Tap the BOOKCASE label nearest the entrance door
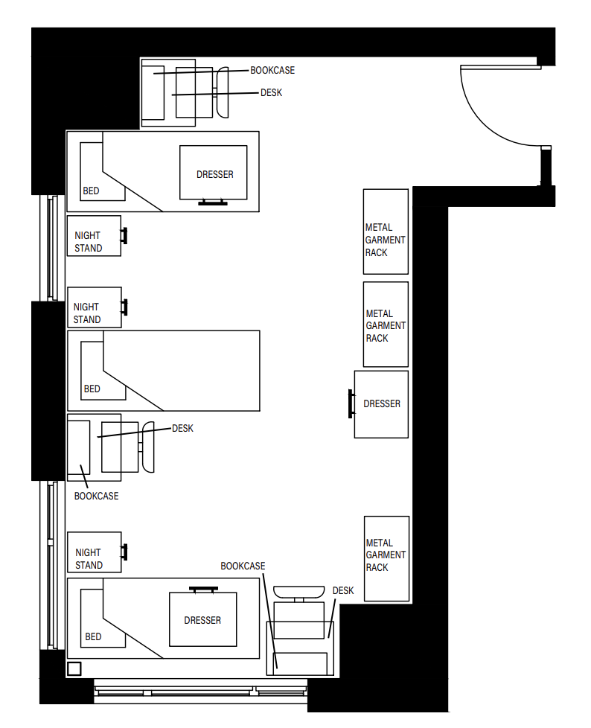[x=272, y=71]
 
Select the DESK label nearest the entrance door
[x=271, y=93]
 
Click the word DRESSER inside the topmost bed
[x=214, y=175]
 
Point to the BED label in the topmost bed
[x=91, y=191]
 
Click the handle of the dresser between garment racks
[x=350, y=404]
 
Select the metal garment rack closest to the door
[x=386, y=232]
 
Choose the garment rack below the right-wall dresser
[x=386, y=558]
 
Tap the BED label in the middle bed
[x=92, y=389]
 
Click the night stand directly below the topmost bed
[x=94, y=236]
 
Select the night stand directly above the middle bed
[x=94, y=307]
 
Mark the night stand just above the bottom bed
[x=94, y=552]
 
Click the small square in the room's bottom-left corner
[x=74, y=668]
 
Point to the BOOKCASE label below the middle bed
[x=96, y=496]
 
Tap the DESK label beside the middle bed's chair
[x=182, y=428]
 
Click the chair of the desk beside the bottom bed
[x=298, y=592]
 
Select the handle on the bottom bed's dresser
[x=203, y=589]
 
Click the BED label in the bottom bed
[x=93, y=637]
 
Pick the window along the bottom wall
[x=201, y=691]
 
